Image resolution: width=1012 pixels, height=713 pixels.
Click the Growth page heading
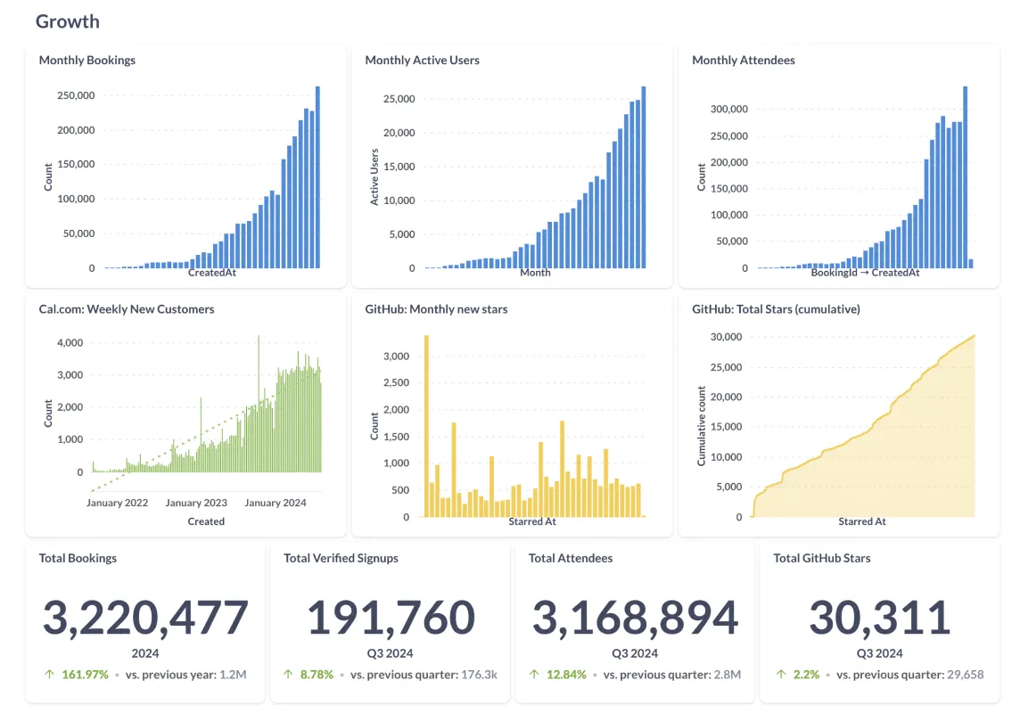click(x=68, y=21)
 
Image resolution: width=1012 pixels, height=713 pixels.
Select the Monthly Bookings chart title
click(x=87, y=61)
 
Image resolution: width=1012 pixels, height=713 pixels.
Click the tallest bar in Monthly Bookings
click(x=317, y=177)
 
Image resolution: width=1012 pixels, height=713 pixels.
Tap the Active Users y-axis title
click(x=374, y=177)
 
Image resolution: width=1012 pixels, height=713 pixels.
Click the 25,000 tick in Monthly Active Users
click(x=399, y=99)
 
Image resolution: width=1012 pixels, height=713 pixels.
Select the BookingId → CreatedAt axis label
click(x=865, y=273)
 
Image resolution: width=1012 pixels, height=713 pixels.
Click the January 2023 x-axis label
click(x=196, y=503)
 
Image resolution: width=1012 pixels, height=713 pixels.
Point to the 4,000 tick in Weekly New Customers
click(x=70, y=342)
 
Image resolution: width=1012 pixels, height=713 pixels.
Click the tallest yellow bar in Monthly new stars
click(x=426, y=426)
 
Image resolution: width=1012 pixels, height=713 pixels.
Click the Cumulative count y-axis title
click(x=702, y=426)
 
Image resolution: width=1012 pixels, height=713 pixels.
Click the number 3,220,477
click(x=145, y=618)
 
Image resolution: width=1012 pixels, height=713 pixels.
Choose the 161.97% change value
click(x=85, y=674)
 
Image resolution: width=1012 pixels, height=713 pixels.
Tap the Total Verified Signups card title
click(x=341, y=558)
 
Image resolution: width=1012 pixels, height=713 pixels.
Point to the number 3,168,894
click(x=635, y=618)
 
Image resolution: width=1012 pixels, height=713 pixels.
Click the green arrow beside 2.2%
click(x=781, y=674)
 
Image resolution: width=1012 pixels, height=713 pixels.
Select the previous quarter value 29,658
click(x=963, y=674)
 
